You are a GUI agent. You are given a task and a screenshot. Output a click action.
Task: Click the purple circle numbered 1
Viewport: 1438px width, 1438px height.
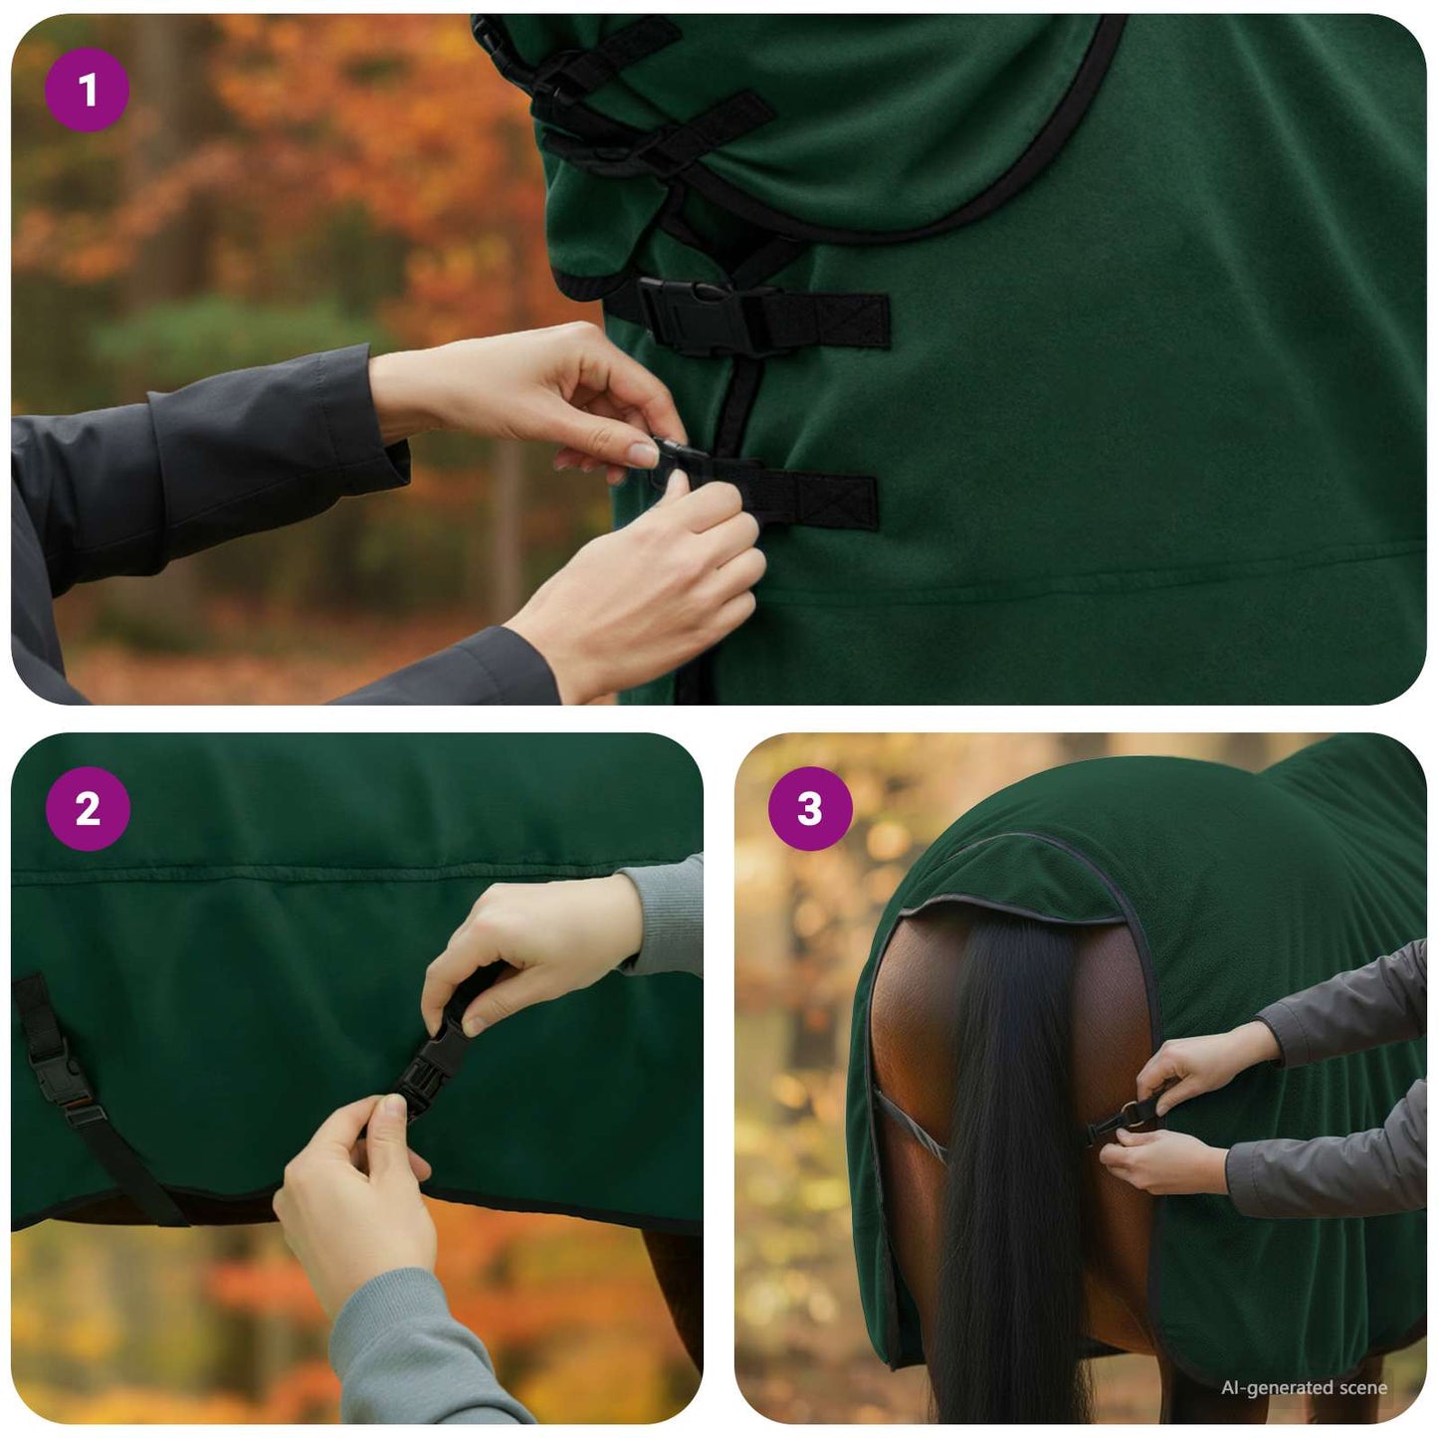click(87, 91)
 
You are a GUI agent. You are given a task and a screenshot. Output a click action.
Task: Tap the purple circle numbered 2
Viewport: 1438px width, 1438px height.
click(88, 808)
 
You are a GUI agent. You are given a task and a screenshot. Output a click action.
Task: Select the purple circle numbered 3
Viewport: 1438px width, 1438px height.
click(810, 808)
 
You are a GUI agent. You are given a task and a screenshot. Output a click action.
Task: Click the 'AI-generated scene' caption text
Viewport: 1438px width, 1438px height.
click(1304, 1387)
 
